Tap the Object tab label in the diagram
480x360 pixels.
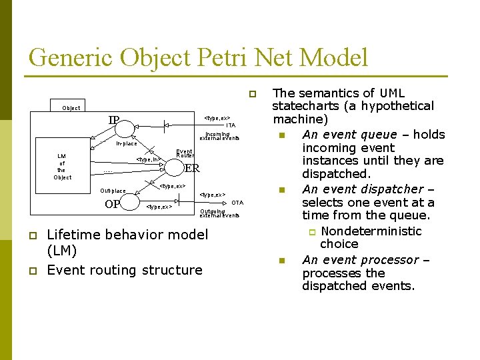click(71, 108)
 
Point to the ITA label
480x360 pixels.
click(230, 125)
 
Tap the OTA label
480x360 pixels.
click(237, 203)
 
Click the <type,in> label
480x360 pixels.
click(147, 159)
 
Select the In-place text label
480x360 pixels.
click(127, 143)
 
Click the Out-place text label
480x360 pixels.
click(113, 191)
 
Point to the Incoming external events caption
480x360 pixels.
click(219, 136)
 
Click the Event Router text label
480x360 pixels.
click(185, 153)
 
